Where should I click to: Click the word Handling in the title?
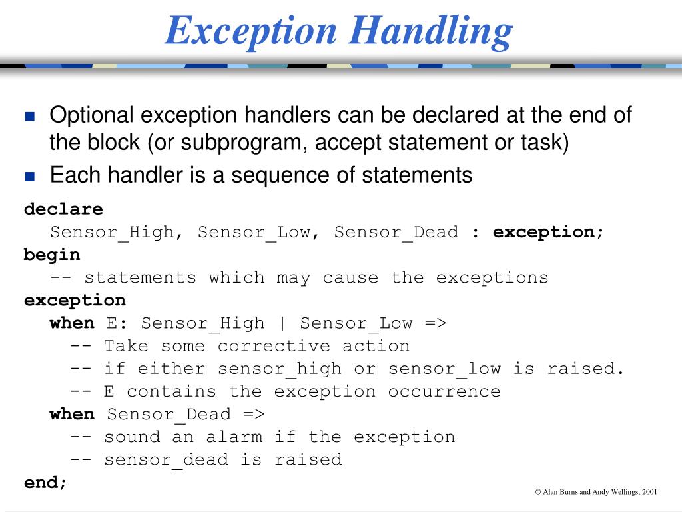coord(431,31)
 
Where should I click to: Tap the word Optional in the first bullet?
coord(92,115)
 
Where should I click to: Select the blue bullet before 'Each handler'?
coord(29,177)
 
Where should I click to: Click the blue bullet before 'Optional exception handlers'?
coord(29,117)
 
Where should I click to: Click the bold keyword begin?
coord(52,255)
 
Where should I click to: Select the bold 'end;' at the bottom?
coord(45,482)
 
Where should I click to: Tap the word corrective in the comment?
coord(274,346)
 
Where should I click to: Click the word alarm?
coord(234,437)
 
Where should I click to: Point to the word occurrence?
coord(444,391)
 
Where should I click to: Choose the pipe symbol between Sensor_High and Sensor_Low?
coord(282,323)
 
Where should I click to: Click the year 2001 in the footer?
coord(650,492)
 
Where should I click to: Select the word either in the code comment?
coord(172,369)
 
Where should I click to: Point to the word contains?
coord(172,391)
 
